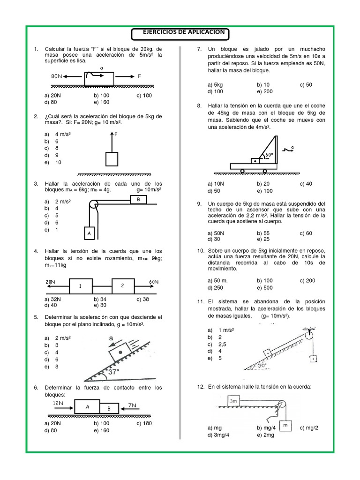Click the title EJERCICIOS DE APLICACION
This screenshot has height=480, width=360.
click(x=180, y=33)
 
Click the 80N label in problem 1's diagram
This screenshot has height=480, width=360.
click(x=57, y=76)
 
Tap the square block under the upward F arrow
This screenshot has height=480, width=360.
click(x=112, y=159)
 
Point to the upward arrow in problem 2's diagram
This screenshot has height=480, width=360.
click(x=112, y=141)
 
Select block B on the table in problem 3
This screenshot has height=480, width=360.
click(x=138, y=200)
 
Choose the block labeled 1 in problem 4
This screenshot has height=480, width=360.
click(x=80, y=286)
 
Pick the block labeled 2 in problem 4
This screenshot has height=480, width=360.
click(x=123, y=286)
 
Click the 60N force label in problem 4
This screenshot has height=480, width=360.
click(x=154, y=282)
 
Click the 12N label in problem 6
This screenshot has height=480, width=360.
click(x=58, y=403)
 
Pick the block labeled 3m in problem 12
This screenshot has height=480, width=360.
click(x=234, y=401)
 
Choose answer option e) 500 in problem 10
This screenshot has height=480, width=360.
click(x=265, y=288)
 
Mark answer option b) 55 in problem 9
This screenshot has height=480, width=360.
click(x=263, y=233)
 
